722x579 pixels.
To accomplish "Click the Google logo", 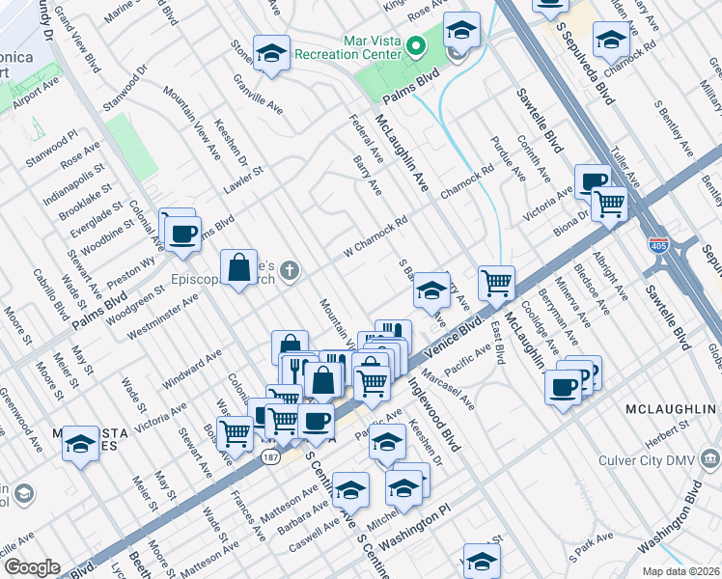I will pyautogui.click(x=31, y=567).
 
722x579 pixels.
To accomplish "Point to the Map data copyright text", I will pyautogui.click(x=680, y=571).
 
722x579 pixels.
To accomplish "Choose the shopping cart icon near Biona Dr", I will pyautogui.click(x=609, y=203).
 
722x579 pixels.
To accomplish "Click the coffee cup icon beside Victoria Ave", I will pyautogui.click(x=592, y=179).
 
